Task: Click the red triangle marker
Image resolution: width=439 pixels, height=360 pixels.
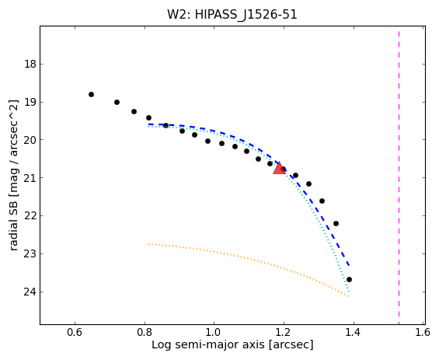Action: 279,168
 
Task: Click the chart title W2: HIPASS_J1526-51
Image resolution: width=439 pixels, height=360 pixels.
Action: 232,15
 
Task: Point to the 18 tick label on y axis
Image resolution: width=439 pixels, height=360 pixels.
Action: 30,65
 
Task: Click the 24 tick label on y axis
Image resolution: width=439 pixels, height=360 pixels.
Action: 30,292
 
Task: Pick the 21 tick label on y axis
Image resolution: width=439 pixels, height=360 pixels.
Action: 30,178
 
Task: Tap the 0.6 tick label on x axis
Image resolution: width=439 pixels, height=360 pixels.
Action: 75,332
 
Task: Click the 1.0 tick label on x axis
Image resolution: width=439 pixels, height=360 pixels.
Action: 214,332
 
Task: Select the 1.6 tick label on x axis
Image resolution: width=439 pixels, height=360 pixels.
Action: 423,332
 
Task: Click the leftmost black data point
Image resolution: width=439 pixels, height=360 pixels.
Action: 91,94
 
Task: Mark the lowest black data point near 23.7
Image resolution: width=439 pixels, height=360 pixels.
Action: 349,279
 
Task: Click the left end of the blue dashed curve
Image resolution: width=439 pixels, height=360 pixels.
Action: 148,124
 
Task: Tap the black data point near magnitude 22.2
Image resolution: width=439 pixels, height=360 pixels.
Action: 336,223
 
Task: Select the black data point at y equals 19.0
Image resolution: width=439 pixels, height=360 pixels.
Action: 117,103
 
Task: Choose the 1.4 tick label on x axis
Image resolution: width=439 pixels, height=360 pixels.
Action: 354,332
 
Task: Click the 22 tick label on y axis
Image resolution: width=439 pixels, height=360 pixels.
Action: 30,216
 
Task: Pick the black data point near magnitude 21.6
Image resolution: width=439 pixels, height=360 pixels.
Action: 322,201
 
